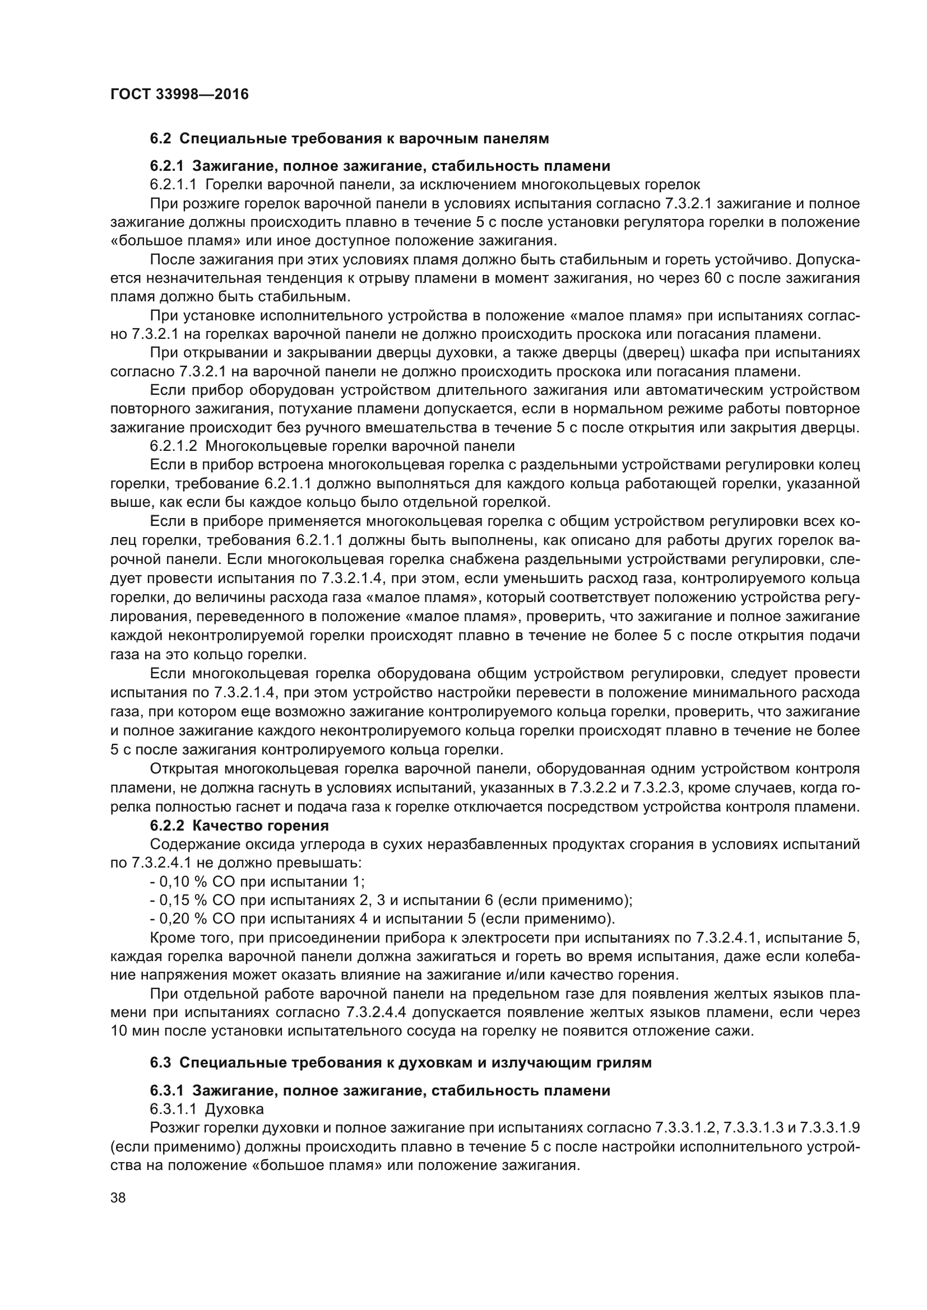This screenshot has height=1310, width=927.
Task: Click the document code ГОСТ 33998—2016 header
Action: [179, 94]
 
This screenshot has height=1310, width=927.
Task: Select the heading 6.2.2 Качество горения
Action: [239, 826]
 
